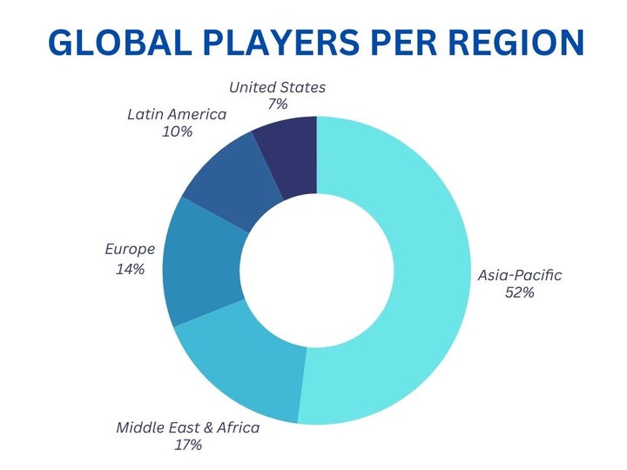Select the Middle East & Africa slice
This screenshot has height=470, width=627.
pyautogui.click(x=244, y=366)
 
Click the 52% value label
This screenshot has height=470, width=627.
pyautogui.click(x=519, y=293)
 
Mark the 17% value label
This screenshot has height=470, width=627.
pyautogui.click(x=187, y=445)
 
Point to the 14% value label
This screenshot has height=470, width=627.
pyautogui.click(x=130, y=269)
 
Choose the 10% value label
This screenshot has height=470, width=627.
pyautogui.click(x=177, y=132)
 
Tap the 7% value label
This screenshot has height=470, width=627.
pyautogui.click(x=278, y=104)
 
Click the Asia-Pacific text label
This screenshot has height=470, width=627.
pyautogui.click(x=520, y=275)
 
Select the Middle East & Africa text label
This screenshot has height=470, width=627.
pyautogui.click(x=188, y=427)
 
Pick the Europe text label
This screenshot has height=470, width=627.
pyautogui.click(x=130, y=249)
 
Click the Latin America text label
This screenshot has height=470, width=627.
pyautogui.click(x=177, y=114)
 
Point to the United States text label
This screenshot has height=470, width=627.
pyautogui.click(x=278, y=87)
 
